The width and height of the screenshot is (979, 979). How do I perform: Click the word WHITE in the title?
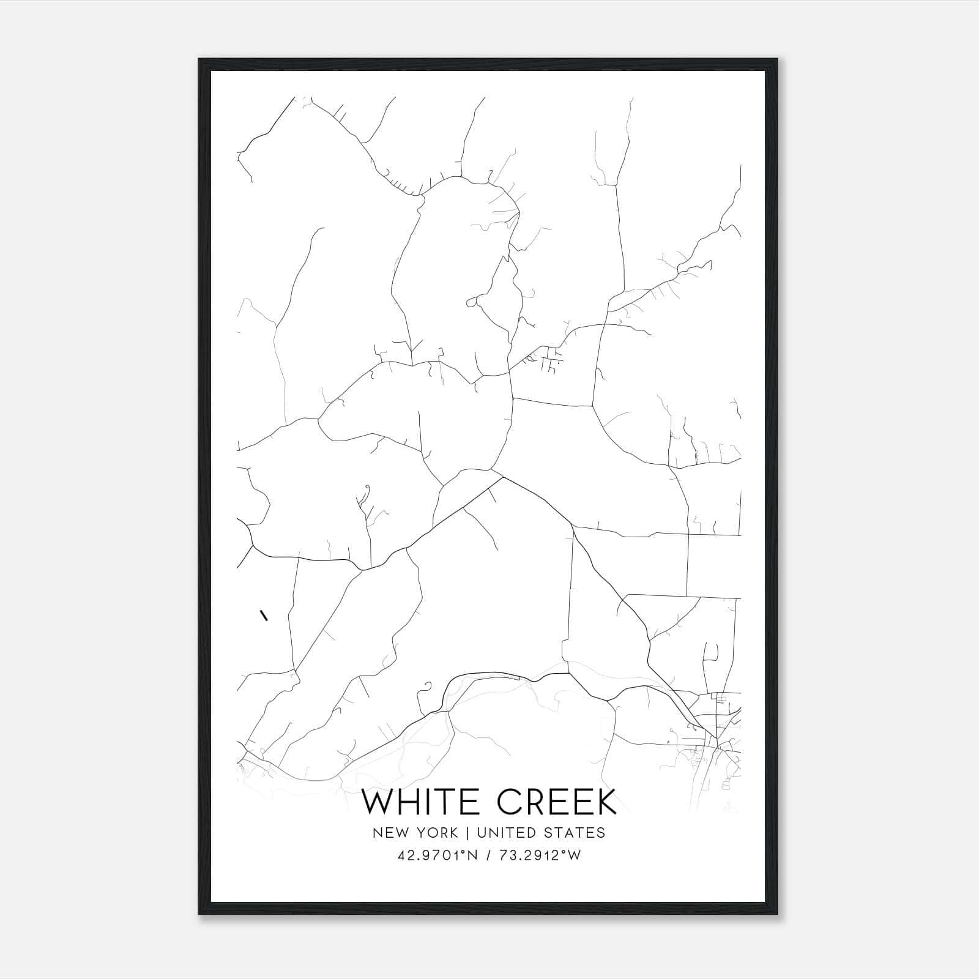pyautogui.click(x=417, y=802)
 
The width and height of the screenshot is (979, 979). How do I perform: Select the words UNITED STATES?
pyautogui.click(x=541, y=832)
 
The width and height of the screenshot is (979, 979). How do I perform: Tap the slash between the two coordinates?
pyautogui.click(x=487, y=855)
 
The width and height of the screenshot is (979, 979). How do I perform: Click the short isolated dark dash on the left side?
pyautogui.click(x=264, y=615)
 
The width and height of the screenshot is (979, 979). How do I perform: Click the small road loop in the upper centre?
pyautogui.click(x=472, y=302)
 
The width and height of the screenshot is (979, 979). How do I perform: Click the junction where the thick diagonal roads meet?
pyautogui.click(x=502, y=478)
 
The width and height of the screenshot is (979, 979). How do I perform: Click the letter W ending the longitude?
pyautogui.click(x=575, y=855)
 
